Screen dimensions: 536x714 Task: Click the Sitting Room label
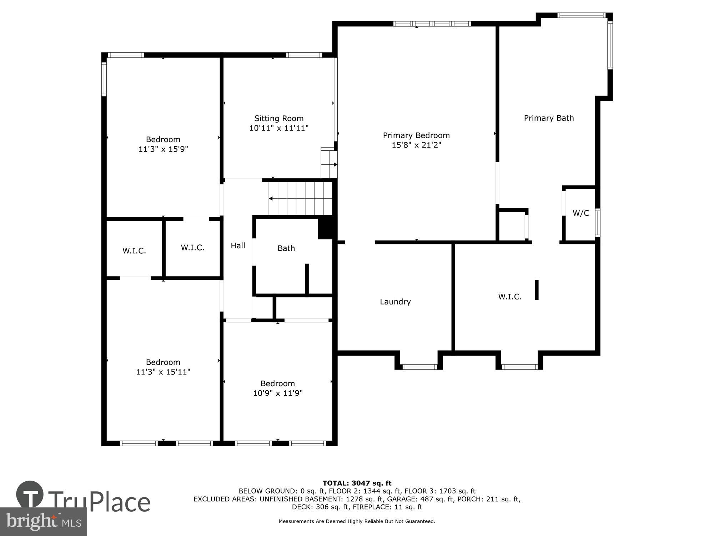(x=278, y=118)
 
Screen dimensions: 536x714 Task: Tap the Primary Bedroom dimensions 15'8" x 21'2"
(x=416, y=145)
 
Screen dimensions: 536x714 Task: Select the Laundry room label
(x=395, y=302)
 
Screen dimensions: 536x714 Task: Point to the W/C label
(x=580, y=213)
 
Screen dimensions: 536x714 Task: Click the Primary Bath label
(x=548, y=118)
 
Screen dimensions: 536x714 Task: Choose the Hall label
(x=238, y=245)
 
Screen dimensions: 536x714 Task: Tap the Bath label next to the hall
(x=286, y=248)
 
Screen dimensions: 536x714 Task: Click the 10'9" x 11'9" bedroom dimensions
(x=278, y=393)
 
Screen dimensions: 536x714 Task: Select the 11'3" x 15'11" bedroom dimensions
(x=163, y=372)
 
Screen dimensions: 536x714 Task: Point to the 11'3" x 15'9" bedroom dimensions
(x=163, y=149)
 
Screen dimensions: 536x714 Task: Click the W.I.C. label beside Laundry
(x=510, y=297)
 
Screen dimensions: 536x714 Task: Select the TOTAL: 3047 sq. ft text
(x=357, y=483)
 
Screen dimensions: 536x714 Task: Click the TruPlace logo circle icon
(x=30, y=495)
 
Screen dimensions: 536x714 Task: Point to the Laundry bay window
(x=419, y=367)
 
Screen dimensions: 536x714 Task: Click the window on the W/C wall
(x=597, y=223)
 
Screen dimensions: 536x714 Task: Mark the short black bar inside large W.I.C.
(x=536, y=290)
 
